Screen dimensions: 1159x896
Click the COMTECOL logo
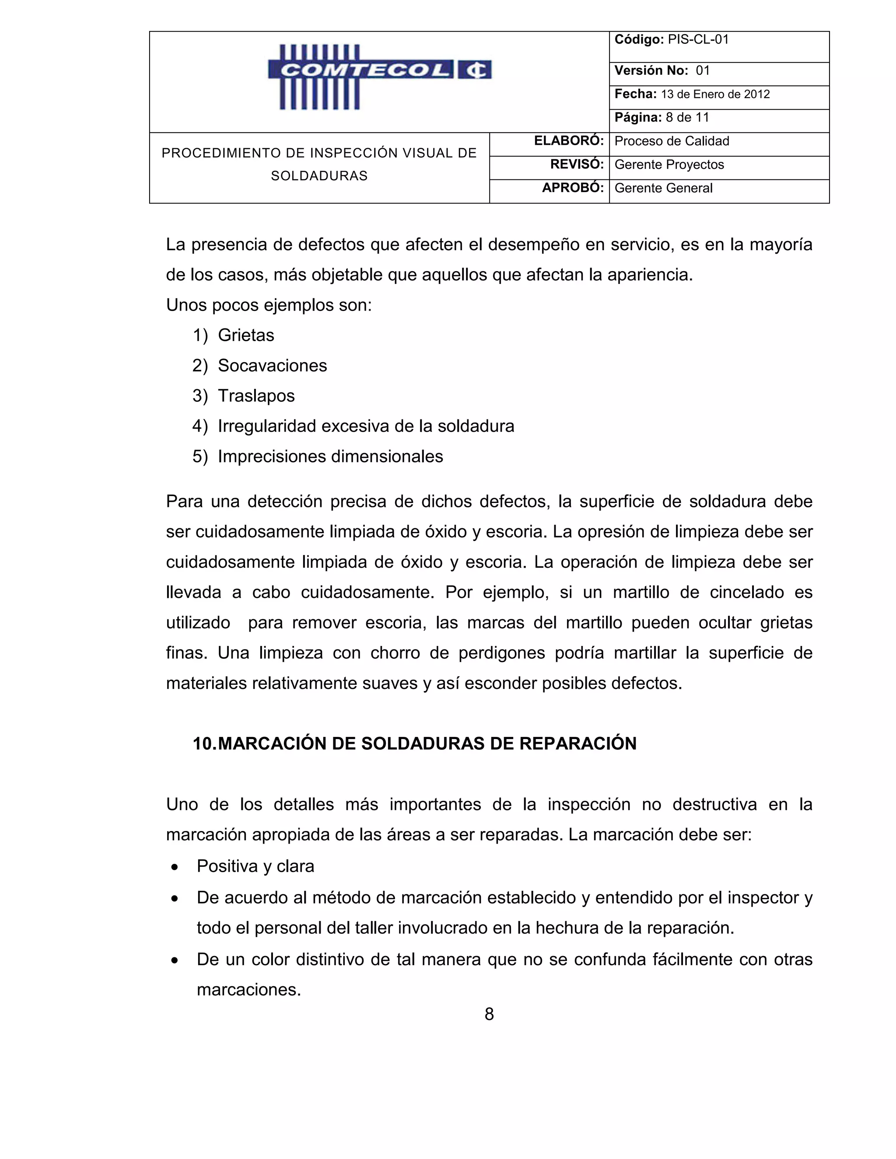click(379, 77)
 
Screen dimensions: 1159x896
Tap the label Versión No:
click(651, 70)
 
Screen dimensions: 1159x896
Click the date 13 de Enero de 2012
click(715, 94)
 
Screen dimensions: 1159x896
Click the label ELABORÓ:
click(568, 141)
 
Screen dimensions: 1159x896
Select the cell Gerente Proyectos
click(669, 164)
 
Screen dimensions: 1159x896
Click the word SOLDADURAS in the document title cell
click(319, 176)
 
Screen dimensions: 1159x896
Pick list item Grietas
click(246, 335)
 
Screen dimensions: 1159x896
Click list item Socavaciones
click(272, 366)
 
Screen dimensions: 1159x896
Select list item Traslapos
click(256, 396)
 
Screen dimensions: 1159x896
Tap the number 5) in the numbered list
click(200, 456)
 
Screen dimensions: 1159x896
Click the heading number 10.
click(204, 744)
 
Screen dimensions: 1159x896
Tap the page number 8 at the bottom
click(489, 1014)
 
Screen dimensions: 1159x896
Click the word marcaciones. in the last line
click(248, 990)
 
